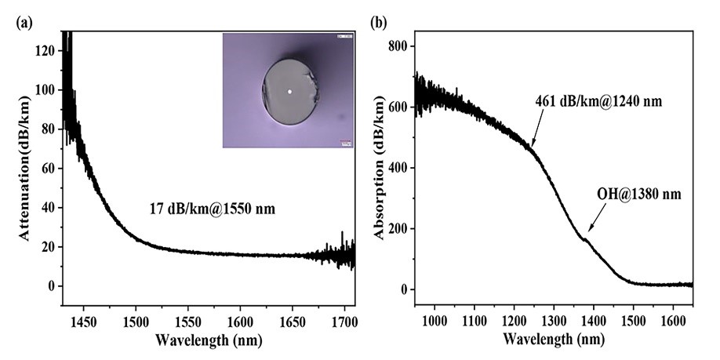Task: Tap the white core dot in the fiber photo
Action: click(x=289, y=92)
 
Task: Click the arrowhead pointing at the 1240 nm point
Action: click(x=533, y=146)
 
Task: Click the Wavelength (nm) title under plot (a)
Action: click(x=208, y=340)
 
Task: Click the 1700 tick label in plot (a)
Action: click(x=345, y=320)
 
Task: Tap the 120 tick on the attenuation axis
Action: click(x=49, y=50)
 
